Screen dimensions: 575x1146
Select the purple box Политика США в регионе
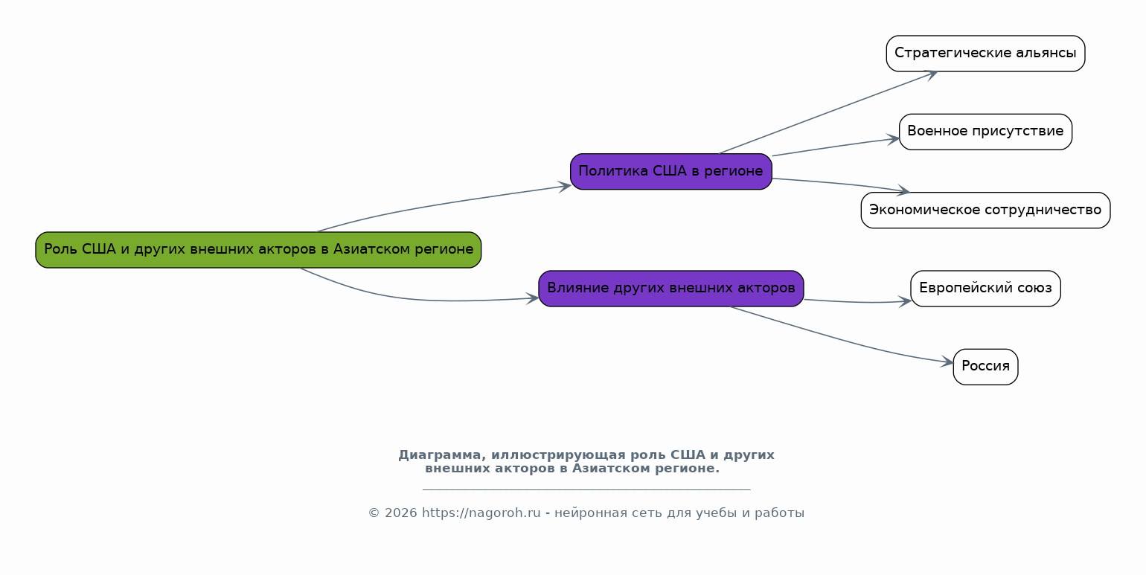pos(670,172)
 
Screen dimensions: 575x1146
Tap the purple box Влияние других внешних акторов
pos(670,289)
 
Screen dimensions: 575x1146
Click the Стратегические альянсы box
pos(985,54)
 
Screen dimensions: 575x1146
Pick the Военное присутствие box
pos(985,132)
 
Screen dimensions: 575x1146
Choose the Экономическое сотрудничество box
pos(985,211)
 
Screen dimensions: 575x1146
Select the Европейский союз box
pos(985,289)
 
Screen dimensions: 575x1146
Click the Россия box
pos(985,367)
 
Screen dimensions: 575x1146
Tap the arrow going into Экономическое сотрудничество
pos(841,184)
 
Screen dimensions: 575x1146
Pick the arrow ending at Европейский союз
pos(856,302)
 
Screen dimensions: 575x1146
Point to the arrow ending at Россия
pos(841,339)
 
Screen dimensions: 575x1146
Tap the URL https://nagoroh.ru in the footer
pos(481,513)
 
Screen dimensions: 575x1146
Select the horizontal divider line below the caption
pos(586,490)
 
